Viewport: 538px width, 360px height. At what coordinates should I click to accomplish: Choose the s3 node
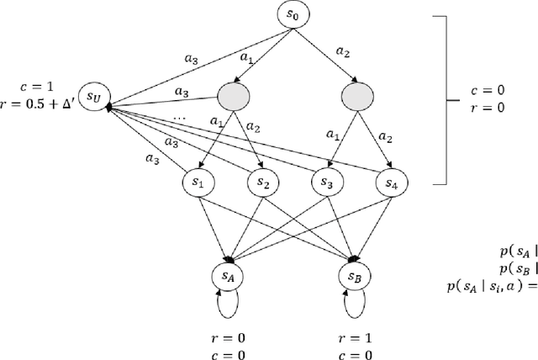[x=325, y=182]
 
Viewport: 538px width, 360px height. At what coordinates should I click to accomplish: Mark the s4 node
[x=390, y=182]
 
